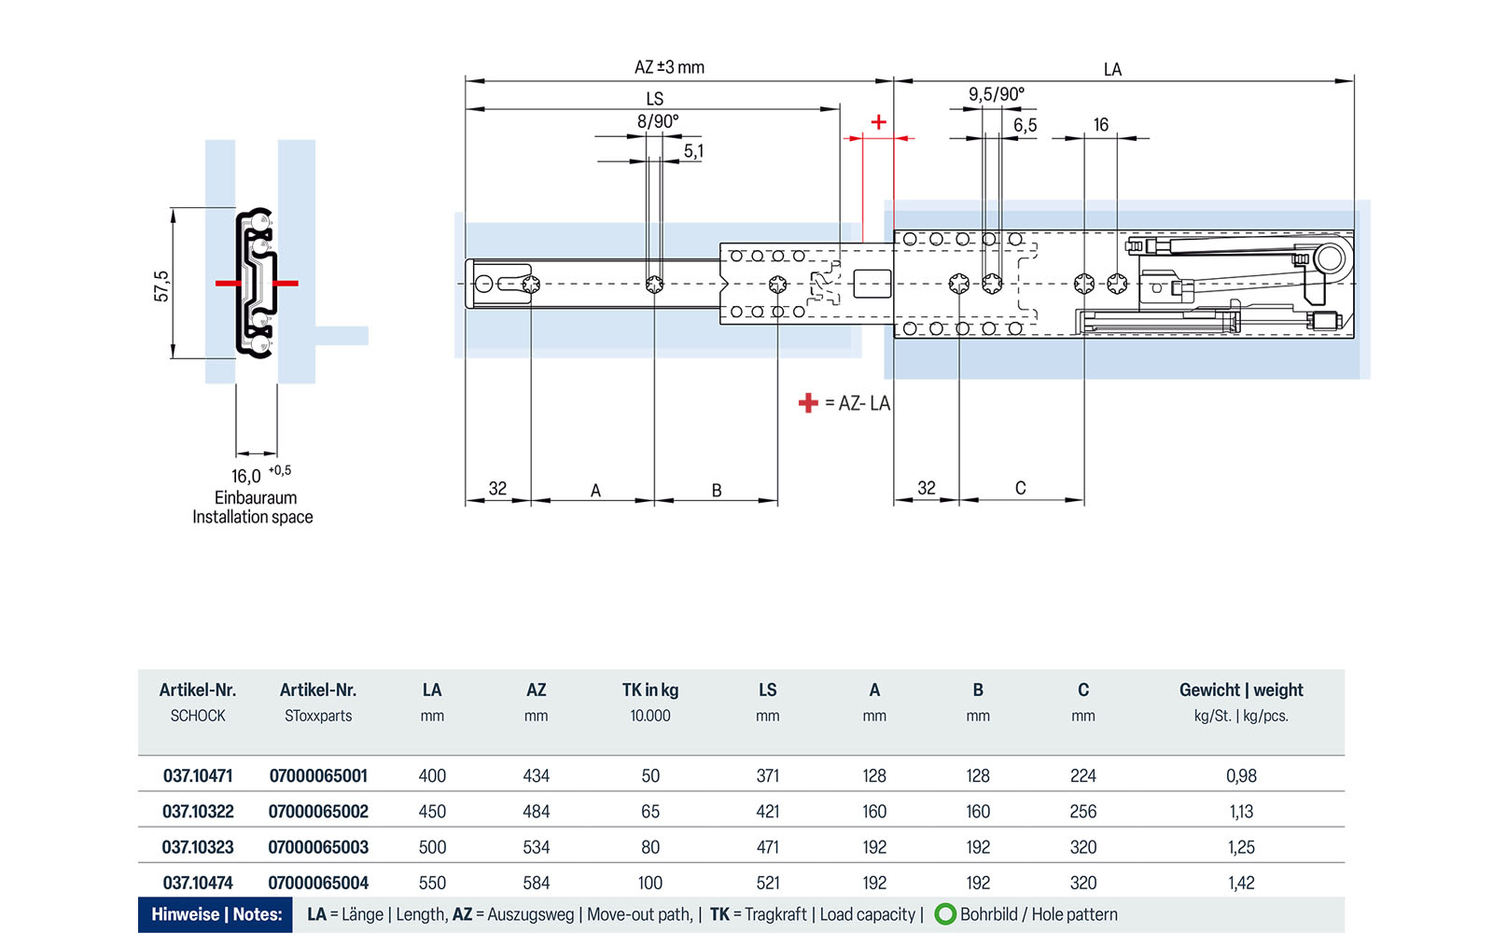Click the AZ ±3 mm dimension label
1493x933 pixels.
(669, 67)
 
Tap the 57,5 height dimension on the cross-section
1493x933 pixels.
(161, 285)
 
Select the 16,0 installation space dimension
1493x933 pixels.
(247, 476)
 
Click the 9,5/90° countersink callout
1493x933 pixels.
(996, 94)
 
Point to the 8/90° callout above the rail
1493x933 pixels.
(658, 121)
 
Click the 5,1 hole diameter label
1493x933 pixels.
(693, 151)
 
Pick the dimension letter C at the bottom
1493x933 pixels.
(1020, 488)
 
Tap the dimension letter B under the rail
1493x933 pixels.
(717, 490)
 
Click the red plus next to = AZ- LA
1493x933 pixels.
(808, 403)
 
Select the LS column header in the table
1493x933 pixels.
(767, 690)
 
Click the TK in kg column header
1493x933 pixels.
(650, 690)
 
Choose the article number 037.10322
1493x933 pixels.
(198, 812)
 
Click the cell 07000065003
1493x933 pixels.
(318, 847)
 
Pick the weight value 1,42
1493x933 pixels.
(1241, 883)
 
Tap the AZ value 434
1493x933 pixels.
(536, 776)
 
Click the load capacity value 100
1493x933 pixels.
(650, 883)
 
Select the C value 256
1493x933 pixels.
(1082, 812)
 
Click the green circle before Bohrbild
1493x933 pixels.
(945, 914)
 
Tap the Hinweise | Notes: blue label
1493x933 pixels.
(216, 914)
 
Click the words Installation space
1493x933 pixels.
(253, 517)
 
